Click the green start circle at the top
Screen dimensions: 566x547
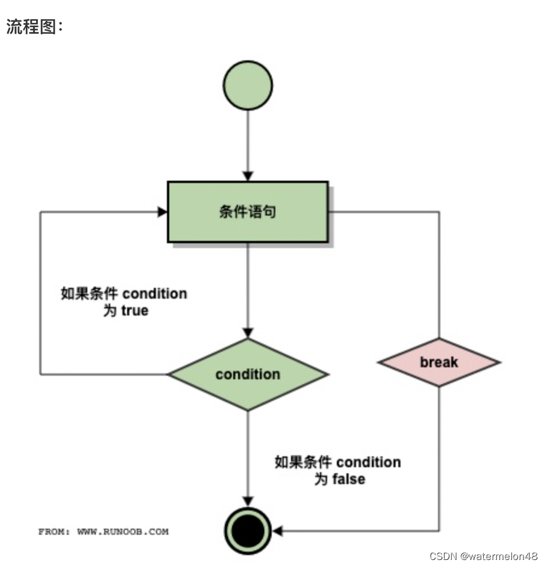coord(248,85)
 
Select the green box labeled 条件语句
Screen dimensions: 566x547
coord(248,211)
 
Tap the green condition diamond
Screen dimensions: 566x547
coord(248,374)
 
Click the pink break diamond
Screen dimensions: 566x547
coord(439,362)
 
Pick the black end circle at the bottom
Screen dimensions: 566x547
coord(248,530)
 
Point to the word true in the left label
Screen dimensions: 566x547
coord(134,311)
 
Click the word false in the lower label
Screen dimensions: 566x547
coord(349,479)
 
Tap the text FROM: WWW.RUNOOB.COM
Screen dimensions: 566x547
coord(104,532)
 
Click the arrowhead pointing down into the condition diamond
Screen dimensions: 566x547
coord(248,333)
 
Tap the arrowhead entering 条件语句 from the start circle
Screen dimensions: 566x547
coord(248,176)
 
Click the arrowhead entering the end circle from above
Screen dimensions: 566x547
coord(248,502)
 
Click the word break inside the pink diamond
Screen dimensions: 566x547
coord(439,362)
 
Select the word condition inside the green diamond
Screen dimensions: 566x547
coord(248,374)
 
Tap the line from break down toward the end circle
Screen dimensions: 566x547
coord(439,458)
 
